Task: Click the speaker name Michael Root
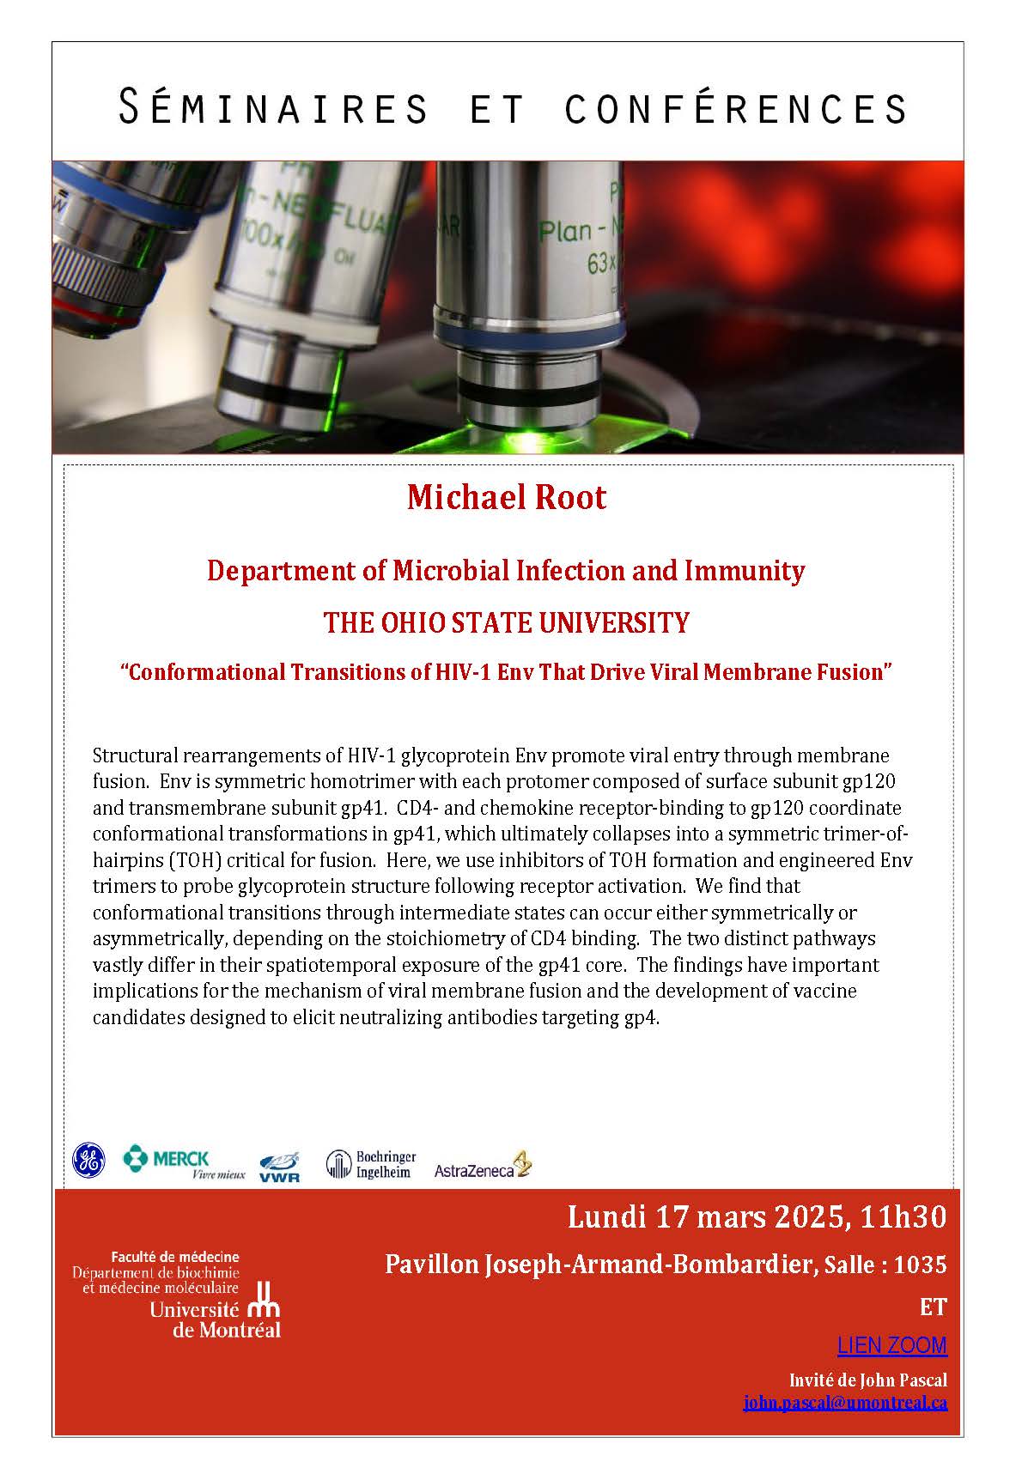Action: point(507,498)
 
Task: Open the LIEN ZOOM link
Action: point(891,1345)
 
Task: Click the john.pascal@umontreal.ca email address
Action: point(845,1403)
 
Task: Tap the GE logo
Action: point(88,1161)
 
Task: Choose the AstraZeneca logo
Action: point(483,1167)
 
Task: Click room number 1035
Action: point(920,1265)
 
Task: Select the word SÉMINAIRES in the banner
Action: point(272,108)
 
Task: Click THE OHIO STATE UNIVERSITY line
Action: point(507,622)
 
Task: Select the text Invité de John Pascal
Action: point(867,1380)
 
